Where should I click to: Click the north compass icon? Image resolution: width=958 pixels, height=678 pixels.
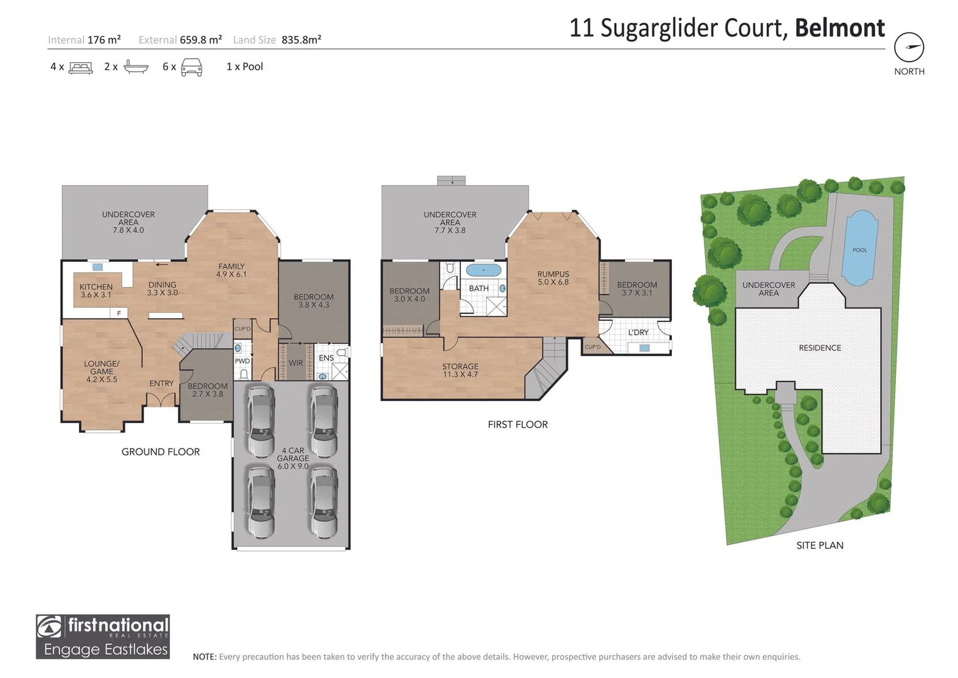pyautogui.click(x=908, y=47)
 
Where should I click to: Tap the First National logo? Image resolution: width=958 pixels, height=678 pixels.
pyautogui.click(x=103, y=636)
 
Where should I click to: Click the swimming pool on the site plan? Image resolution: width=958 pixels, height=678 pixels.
pyautogui.click(x=858, y=248)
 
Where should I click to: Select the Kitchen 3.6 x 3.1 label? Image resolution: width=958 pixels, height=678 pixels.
pyautogui.click(x=96, y=291)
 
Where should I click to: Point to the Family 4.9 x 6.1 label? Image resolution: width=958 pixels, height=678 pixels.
pyautogui.click(x=232, y=270)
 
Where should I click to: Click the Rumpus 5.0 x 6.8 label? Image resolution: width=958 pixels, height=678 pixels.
pyautogui.click(x=553, y=278)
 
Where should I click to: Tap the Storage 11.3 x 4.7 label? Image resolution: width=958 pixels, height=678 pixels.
pyautogui.click(x=460, y=370)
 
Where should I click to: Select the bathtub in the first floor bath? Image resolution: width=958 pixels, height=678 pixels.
pyautogui.click(x=484, y=271)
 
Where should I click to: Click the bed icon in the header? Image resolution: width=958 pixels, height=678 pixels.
pyautogui.click(x=80, y=67)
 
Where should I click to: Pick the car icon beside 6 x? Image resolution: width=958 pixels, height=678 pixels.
pyautogui.click(x=191, y=67)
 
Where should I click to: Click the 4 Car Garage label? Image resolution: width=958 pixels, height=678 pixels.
pyautogui.click(x=292, y=458)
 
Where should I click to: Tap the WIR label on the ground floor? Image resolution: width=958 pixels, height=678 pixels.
pyautogui.click(x=295, y=363)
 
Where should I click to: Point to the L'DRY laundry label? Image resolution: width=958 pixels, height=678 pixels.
pyautogui.click(x=638, y=332)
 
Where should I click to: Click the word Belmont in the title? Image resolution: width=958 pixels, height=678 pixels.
pyautogui.click(x=839, y=28)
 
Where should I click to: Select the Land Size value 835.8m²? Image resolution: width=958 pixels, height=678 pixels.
pyautogui.click(x=301, y=40)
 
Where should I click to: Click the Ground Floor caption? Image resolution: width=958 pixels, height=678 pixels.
pyautogui.click(x=161, y=451)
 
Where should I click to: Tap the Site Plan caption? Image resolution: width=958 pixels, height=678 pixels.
pyautogui.click(x=819, y=545)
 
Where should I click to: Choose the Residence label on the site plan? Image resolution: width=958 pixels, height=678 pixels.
pyautogui.click(x=819, y=348)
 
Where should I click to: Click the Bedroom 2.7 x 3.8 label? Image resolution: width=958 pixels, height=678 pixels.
pyautogui.click(x=207, y=390)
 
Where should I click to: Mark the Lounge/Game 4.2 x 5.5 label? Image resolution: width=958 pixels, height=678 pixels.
pyautogui.click(x=102, y=371)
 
